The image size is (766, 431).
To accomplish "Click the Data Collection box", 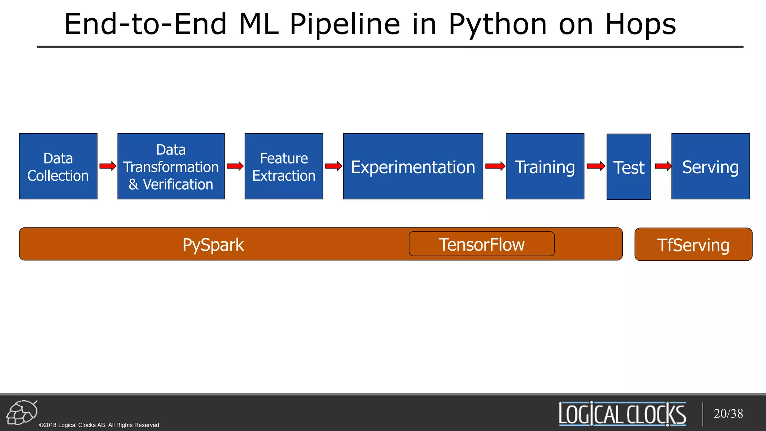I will pos(58,166).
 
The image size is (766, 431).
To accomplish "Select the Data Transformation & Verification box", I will pos(171,166).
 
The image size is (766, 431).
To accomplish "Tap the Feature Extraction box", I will pos(284,166).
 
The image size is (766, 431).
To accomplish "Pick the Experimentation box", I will pos(413,166).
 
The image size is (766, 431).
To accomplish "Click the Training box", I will pos(545,166).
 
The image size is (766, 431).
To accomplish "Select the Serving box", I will pos(710,166).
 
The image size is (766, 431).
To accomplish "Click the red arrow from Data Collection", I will pos(108,166).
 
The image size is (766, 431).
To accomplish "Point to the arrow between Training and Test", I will pos(596,166).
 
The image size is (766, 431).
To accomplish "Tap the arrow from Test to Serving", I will pos(663,166).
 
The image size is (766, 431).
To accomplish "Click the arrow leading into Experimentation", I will pos(333,166).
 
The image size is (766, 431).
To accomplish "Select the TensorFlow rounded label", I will pos(481,244).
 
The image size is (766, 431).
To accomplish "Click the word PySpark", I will pos(213,245).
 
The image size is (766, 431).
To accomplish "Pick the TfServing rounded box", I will pos(693,245).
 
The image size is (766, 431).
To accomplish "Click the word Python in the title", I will pos(497,25).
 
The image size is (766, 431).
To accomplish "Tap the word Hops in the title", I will pos(640,25).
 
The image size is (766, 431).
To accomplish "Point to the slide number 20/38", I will pos(728,413).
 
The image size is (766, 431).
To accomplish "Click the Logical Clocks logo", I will pos(622,414).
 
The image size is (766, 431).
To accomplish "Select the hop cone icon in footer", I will pos(22,412).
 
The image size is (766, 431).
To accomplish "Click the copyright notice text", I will pos(99,425).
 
